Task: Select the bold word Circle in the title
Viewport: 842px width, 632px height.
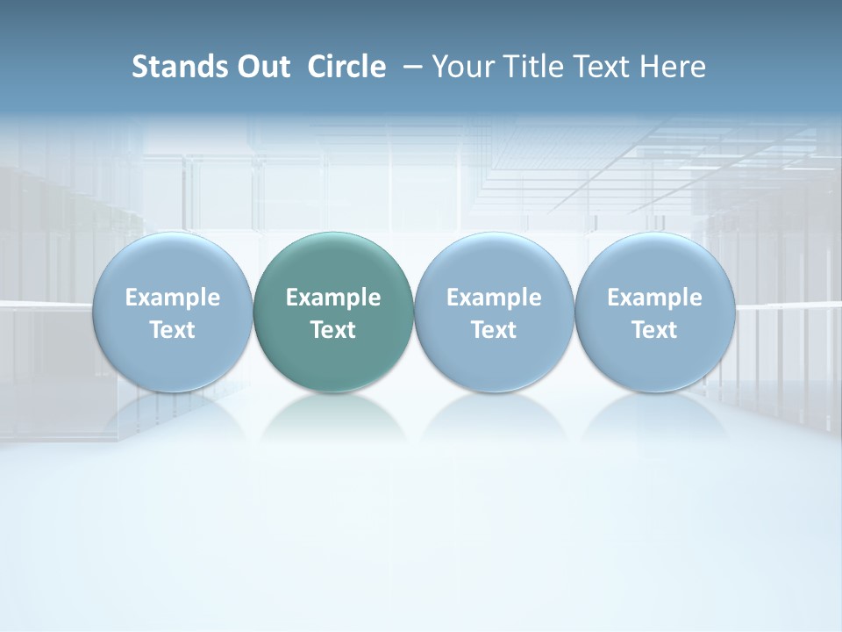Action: [x=346, y=67]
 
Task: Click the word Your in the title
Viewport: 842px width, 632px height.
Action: [x=462, y=67]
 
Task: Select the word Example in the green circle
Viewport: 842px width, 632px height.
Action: [x=333, y=298]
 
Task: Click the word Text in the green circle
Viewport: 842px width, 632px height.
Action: [x=333, y=330]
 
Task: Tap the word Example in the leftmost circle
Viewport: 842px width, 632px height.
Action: [x=173, y=298]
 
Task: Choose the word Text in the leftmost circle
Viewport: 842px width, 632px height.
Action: [x=173, y=330]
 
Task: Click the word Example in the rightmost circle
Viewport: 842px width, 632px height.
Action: [x=654, y=298]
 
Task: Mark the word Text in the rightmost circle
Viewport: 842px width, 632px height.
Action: [x=654, y=330]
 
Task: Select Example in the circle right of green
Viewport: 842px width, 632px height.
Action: [x=494, y=298]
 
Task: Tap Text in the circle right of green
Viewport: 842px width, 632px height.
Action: [x=494, y=330]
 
